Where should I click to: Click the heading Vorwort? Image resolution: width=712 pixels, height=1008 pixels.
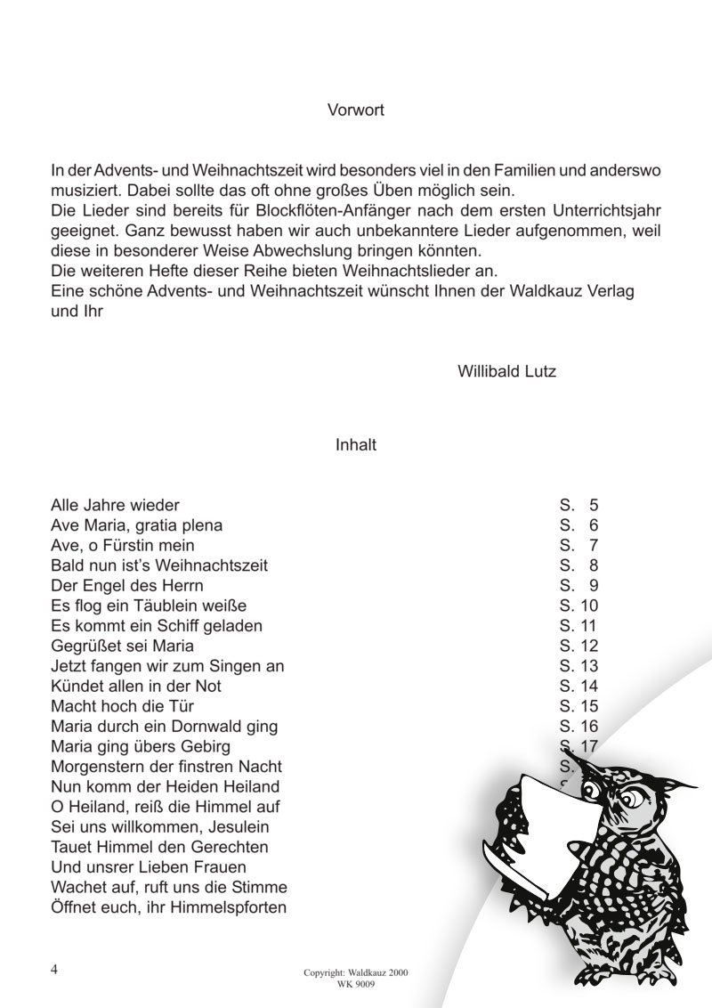(x=355, y=111)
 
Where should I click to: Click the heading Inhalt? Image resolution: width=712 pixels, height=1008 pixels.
(x=355, y=445)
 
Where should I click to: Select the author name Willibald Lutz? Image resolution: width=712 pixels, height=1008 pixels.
(x=506, y=371)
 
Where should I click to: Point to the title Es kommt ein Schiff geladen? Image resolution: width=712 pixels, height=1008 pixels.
(x=157, y=626)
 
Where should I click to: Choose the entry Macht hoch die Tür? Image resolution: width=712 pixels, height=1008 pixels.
(x=118, y=706)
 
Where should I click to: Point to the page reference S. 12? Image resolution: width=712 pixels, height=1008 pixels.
(x=578, y=646)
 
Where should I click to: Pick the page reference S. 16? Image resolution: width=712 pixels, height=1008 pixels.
(x=578, y=726)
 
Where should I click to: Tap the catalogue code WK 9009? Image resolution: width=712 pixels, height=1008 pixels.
(x=355, y=985)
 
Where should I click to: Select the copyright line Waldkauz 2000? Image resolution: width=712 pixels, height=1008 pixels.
(x=355, y=973)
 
